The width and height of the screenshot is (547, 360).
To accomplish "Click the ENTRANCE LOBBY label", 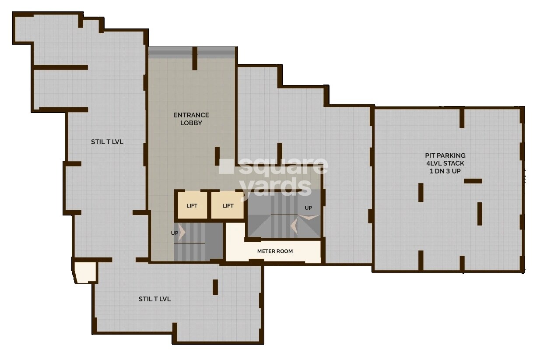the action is point(191,119).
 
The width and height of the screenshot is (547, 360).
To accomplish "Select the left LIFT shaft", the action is point(192,205).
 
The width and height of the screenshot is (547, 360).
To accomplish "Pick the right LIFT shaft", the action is point(228,205).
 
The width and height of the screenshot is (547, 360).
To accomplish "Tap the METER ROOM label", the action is point(275,251).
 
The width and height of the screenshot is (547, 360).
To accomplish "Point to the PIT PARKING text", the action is point(445,155).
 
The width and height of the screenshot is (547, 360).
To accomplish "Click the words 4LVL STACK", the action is point(445,163).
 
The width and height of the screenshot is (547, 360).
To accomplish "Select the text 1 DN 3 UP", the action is point(445,171).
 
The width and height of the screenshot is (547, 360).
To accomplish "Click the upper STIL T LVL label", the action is point(107,142).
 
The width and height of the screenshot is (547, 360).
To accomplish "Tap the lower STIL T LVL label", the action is point(154,299).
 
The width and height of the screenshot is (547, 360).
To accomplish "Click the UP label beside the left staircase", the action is point(174,233).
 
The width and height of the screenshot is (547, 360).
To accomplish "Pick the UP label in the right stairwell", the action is point(308,208).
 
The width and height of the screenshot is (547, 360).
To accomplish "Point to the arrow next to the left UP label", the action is point(182,233).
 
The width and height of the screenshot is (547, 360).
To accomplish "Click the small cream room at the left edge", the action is point(84,272).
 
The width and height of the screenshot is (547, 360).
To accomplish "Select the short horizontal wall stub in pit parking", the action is point(473,181).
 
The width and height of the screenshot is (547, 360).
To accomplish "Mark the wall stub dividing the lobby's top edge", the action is point(195,58).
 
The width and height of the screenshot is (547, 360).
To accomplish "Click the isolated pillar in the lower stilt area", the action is point(215,287).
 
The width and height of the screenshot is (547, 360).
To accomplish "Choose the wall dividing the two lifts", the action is point(209,205).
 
